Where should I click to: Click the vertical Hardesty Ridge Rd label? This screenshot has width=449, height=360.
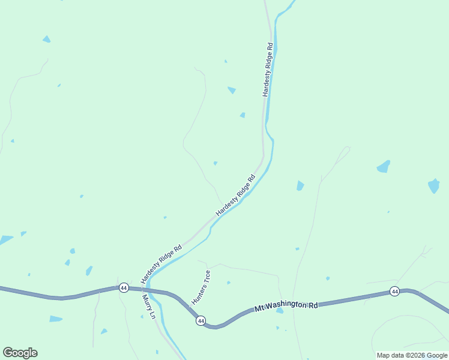click(269, 70)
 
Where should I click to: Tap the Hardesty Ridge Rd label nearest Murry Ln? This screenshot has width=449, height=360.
click(161, 265)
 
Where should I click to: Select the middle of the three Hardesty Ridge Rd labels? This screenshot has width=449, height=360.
click(236, 196)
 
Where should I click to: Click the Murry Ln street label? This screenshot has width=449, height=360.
click(149, 307)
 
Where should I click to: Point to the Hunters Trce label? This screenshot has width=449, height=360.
click(201, 287)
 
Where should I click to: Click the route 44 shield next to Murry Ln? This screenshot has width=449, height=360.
click(124, 288)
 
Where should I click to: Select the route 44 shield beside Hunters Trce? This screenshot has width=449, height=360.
click(200, 321)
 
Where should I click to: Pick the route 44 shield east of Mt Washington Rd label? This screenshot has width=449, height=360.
click(394, 292)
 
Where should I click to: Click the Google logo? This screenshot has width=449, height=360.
click(20, 353)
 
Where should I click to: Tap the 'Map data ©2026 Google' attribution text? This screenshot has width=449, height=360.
click(412, 355)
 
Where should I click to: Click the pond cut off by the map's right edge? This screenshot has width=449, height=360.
click(433, 185)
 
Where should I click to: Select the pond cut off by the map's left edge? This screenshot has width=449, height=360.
click(5, 240)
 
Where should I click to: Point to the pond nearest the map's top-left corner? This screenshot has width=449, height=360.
click(46, 39)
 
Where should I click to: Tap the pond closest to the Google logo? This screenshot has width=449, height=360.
click(55, 319)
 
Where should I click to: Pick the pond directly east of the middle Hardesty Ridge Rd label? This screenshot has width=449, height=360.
click(300, 186)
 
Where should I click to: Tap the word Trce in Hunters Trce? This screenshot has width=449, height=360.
click(206, 278)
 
